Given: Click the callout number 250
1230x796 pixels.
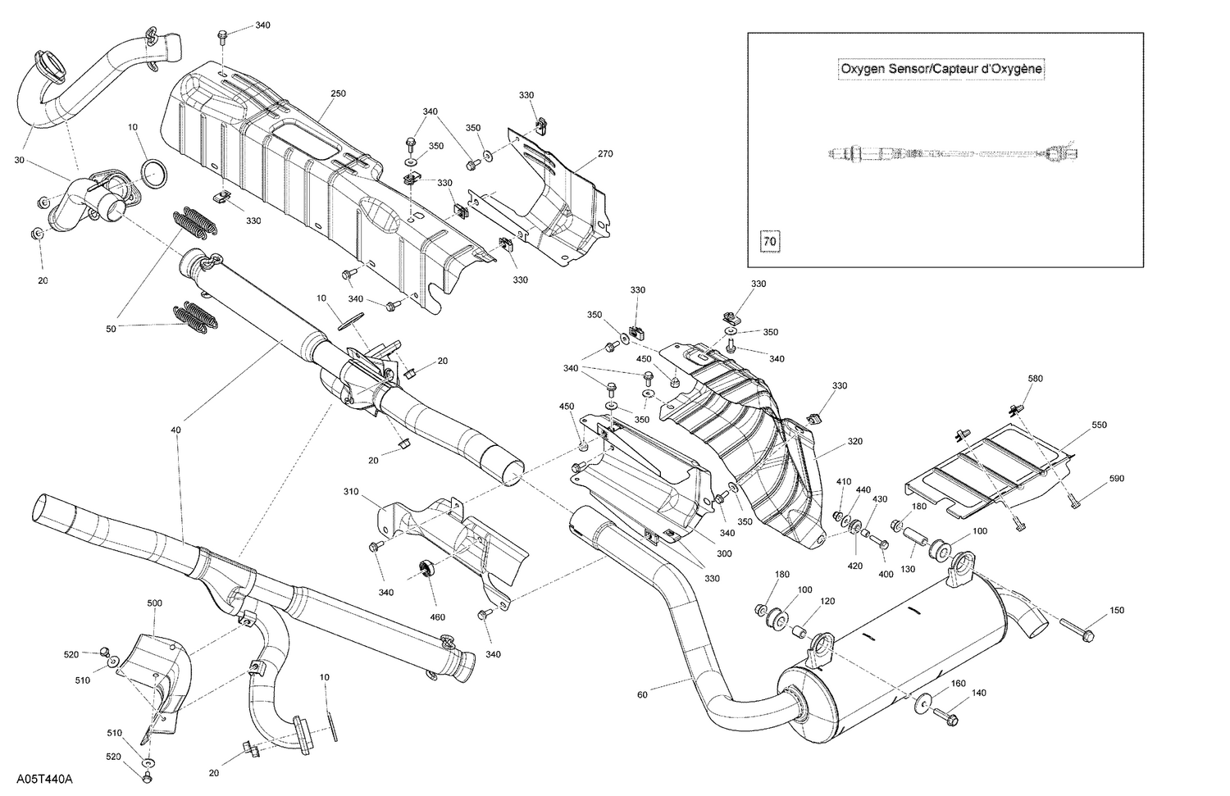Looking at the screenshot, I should click(x=338, y=93).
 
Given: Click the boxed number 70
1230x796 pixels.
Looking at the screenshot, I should click(x=769, y=242).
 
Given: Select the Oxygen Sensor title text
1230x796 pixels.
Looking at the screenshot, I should click(x=941, y=69).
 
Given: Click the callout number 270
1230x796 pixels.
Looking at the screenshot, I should click(x=605, y=153).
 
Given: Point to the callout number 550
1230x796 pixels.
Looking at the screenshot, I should click(x=1099, y=426).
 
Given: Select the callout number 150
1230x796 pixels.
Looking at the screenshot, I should click(x=1117, y=610).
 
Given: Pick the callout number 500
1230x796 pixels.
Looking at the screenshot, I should click(x=154, y=603).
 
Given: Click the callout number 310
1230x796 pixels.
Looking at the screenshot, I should click(x=351, y=492).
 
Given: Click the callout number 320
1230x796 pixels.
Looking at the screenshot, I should click(x=854, y=441).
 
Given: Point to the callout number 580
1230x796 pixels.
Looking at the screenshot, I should click(x=1036, y=378).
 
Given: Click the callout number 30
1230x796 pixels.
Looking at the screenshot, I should click(x=20, y=160).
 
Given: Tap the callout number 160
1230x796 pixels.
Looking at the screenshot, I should click(x=958, y=684).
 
